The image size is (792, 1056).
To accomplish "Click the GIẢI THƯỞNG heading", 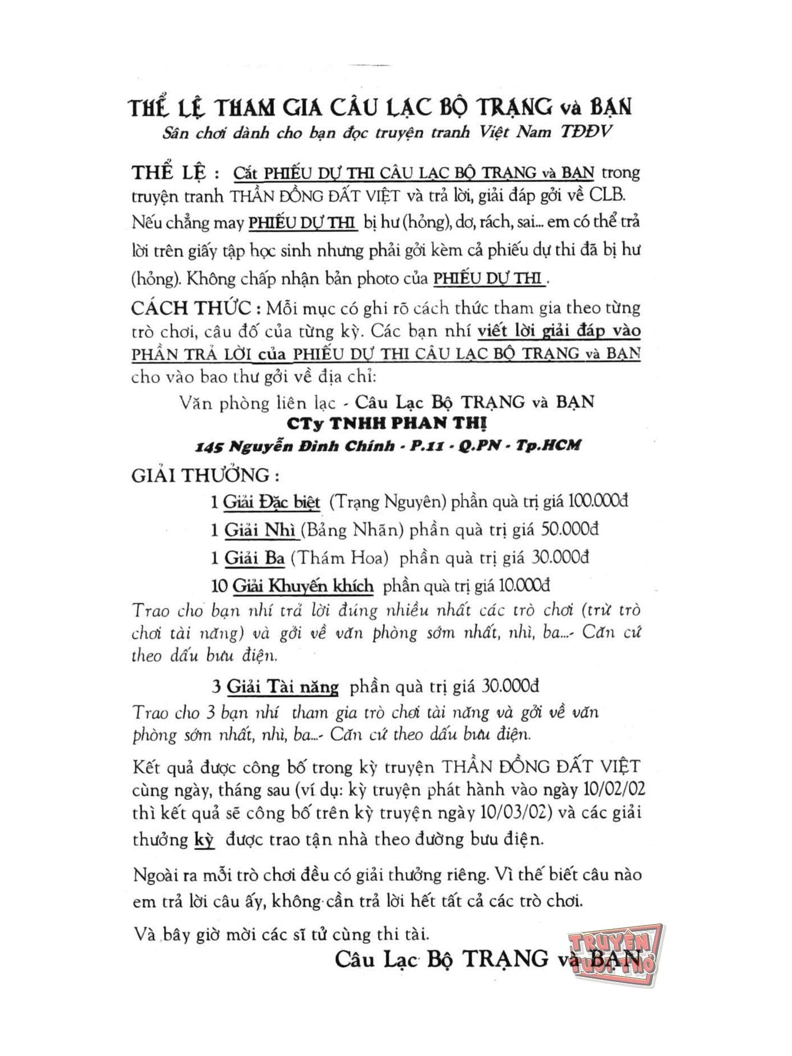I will [x=205, y=475].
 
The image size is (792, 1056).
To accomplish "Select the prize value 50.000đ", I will [x=569, y=529].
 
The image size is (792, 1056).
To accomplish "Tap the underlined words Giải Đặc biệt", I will [x=271, y=501].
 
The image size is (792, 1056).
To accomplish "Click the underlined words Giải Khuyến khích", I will [x=302, y=586].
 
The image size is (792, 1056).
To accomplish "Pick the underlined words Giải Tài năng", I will [x=282, y=687].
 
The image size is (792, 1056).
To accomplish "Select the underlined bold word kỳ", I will [x=204, y=840].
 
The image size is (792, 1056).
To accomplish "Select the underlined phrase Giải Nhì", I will [x=260, y=529].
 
